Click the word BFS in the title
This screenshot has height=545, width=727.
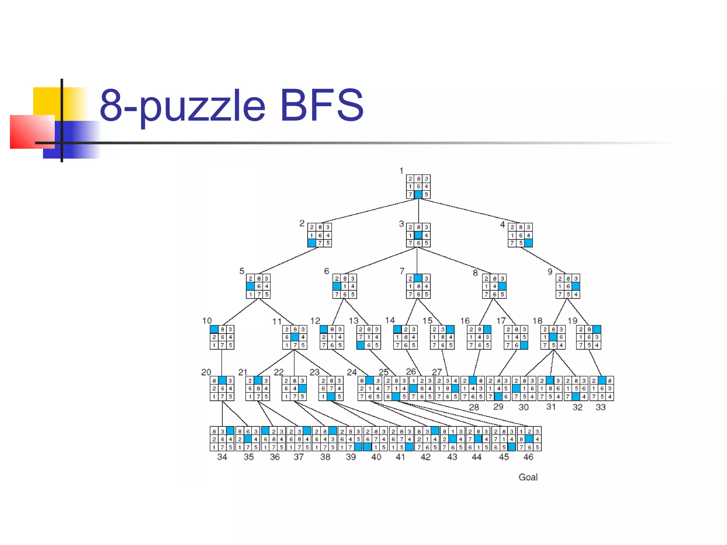click(321, 105)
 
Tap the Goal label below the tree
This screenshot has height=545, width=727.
click(528, 477)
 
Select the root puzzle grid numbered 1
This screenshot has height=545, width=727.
click(418, 187)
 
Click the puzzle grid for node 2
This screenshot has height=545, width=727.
click(319, 235)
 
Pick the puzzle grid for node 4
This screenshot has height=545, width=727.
click(520, 235)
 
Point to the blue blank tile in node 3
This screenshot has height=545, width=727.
click(419, 235)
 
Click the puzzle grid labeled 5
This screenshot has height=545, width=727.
click(258, 286)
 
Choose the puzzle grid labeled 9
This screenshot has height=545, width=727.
click(568, 286)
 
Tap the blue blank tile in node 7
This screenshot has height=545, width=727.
click(419, 278)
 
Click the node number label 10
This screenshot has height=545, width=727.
click(207, 321)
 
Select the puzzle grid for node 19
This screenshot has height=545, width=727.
click(589, 337)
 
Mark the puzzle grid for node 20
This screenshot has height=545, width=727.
click(222, 389)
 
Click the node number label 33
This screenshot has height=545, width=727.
click(600, 407)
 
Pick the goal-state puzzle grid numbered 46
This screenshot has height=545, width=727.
click(529, 439)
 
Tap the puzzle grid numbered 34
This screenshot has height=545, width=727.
click(222, 439)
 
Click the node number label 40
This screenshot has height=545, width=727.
click(376, 457)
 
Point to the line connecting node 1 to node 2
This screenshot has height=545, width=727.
click(369, 211)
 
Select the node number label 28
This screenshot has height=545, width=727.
click(474, 407)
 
